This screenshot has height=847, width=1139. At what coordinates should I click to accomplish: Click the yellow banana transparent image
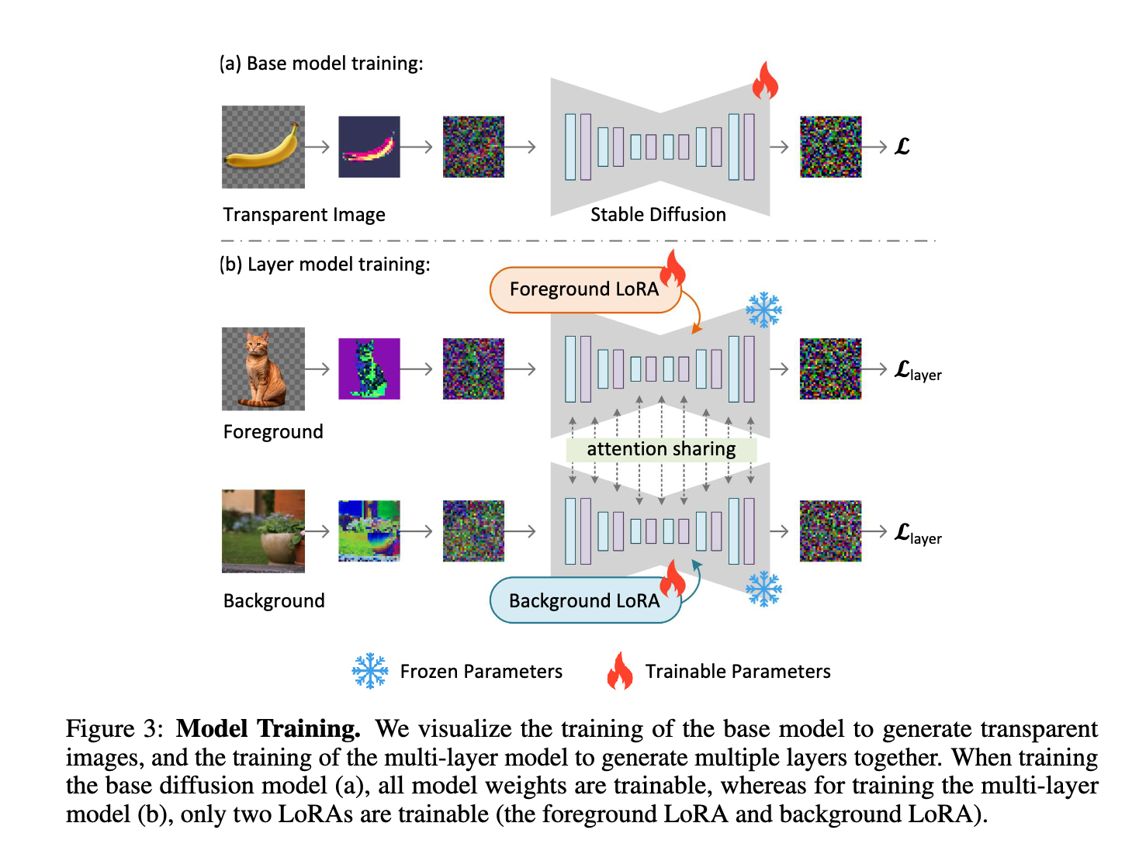(263, 147)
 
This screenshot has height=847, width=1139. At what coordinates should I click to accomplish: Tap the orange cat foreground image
(263, 368)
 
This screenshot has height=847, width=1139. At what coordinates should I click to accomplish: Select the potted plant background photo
(263, 531)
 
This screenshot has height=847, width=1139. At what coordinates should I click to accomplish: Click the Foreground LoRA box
(584, 290)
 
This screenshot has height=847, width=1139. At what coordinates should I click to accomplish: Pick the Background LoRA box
(584, 600)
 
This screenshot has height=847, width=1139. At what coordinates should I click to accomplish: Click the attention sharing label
(661, 449)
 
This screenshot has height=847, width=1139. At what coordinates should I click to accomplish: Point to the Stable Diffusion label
(658, 215)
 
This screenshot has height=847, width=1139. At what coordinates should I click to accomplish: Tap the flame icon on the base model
(764, 81)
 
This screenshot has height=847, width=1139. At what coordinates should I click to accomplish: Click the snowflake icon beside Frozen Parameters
(370, 671)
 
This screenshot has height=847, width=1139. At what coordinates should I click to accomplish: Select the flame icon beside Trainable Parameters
(620, 671)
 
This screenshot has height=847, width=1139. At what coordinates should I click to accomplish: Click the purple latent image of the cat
(369, 368)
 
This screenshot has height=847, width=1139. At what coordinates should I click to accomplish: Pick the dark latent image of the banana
(369, 147)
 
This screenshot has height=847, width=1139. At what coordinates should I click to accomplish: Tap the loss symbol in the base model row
(902, 147)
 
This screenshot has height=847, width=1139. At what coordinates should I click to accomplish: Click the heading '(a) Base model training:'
(321, 64)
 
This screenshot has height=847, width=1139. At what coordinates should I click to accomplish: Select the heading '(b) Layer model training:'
(324, 264)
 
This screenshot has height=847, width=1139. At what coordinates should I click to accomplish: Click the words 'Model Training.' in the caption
(268, 729)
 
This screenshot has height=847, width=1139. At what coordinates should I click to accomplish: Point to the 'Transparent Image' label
(304, 215)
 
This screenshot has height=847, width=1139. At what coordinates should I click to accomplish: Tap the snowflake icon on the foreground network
(763, 310)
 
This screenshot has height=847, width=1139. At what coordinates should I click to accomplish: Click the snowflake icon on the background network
(763, 589)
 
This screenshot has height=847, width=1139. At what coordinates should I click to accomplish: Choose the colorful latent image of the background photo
(369, 531)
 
